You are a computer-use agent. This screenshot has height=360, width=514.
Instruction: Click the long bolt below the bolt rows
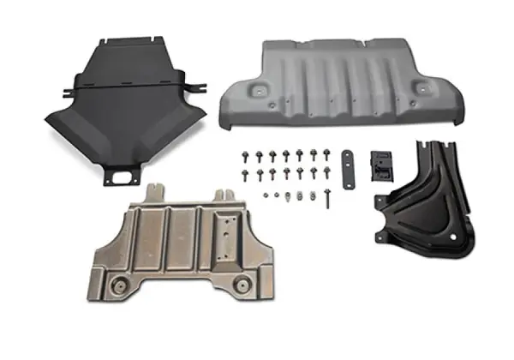point(326,199)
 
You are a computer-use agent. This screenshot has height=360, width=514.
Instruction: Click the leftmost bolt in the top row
point(245,156)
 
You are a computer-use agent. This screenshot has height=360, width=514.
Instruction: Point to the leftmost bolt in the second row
point(245,174)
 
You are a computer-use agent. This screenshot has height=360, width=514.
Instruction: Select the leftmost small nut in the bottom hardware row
point(266,195)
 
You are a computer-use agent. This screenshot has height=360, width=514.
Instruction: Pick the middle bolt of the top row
point(286,156)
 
